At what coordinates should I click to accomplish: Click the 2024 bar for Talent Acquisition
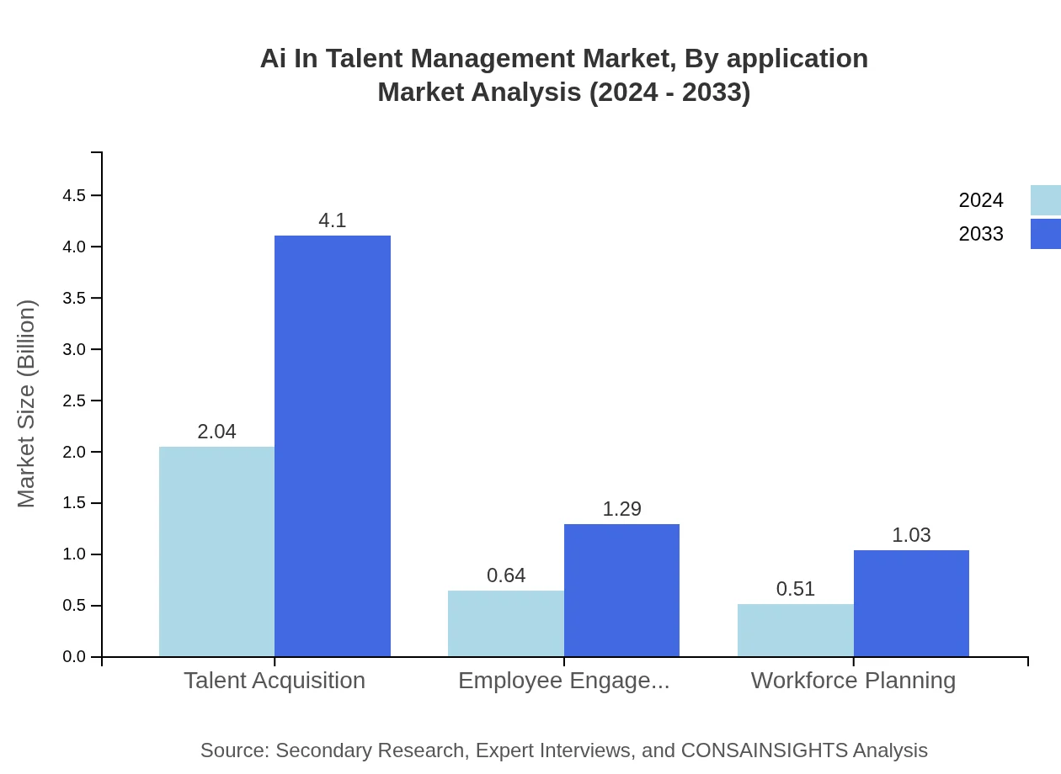[216, 551]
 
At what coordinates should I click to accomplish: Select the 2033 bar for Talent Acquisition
[333, 446]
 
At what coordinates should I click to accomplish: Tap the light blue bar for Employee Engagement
[505, 623]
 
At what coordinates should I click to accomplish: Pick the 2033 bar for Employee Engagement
[621, 590]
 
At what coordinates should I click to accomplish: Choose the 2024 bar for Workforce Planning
[795, 630]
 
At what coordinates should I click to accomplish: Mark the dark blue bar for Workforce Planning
[911, 603]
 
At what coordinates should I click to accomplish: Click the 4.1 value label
[333, 220]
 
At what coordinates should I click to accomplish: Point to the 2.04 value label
[216, 432]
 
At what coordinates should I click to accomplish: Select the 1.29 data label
[621, 509]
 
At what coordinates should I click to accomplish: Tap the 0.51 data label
[795, 589]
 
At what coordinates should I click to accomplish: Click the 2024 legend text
[980, 200]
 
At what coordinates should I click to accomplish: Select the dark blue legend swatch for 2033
[1045, 234]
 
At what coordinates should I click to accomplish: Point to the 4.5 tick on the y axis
[74, 196]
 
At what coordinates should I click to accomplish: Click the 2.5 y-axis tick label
[74, 401]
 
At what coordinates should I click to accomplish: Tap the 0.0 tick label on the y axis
[74, 657]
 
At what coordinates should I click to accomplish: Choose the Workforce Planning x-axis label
[853, 680]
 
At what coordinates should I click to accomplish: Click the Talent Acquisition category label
[275, 680]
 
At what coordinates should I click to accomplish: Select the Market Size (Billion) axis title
[26, 404]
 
